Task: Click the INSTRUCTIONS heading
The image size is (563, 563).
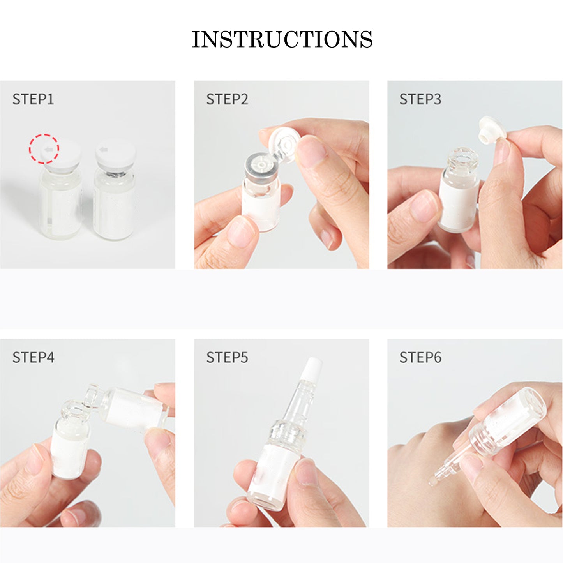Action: pos(282,39)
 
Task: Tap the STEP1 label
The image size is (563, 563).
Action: pos(33,99)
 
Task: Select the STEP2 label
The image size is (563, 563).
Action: pos(227,99)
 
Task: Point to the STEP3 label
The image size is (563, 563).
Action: pos(420,99)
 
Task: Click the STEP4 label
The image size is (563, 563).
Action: pos(33,357)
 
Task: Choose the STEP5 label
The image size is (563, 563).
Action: pos(227,357)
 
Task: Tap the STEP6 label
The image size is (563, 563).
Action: pos(420,357)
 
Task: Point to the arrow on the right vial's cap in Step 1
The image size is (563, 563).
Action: pos(103,150)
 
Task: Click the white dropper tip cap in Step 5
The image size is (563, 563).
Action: pos(312,369)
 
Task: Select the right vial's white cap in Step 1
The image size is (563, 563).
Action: pos(115,154)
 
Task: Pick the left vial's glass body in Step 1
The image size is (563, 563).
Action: pos(60,205)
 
